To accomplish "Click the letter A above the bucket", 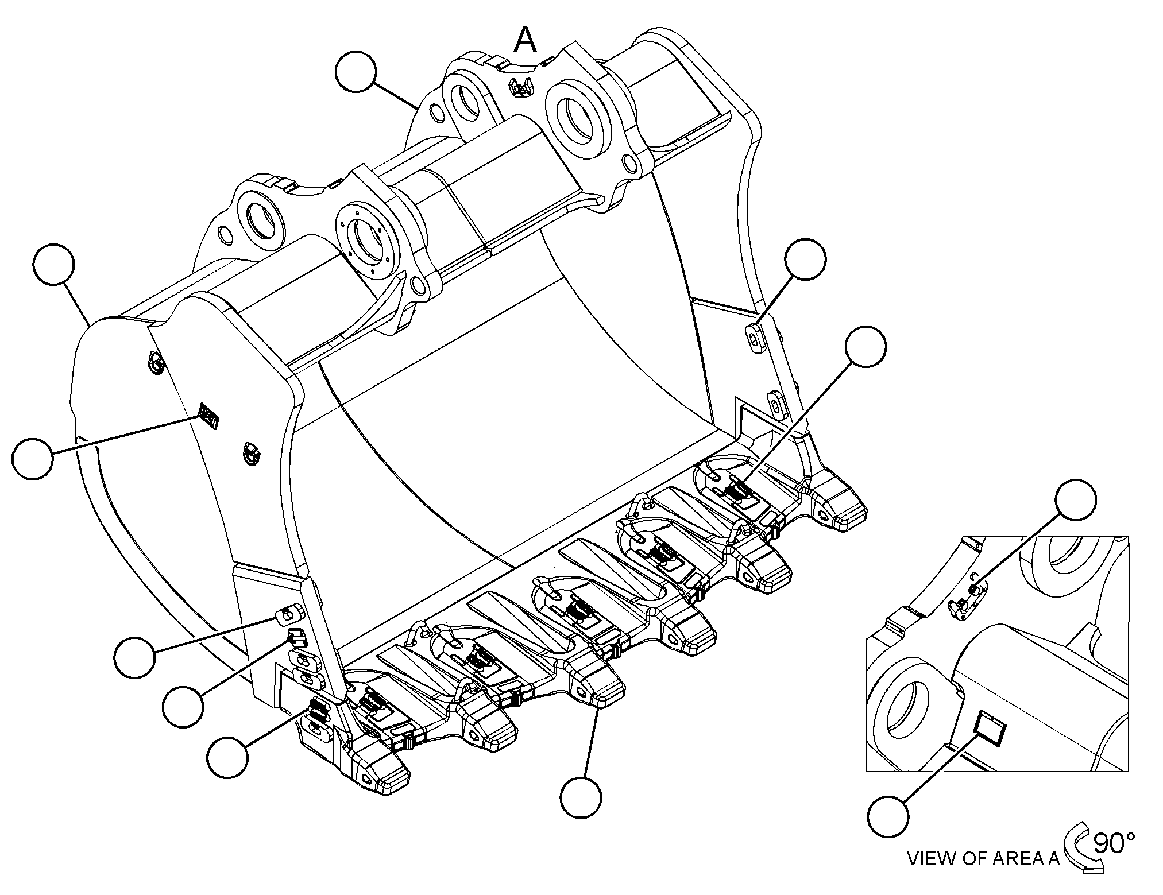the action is (x=526, y=41).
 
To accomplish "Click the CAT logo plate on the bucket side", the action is (x=208, y=414).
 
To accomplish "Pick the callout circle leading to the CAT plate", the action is (x=32, y=458).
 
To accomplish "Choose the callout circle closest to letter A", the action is (x=356, y=71).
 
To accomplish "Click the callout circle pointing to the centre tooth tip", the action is (x=581, y=797).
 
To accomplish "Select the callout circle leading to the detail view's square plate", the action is (x=888, y=816).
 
